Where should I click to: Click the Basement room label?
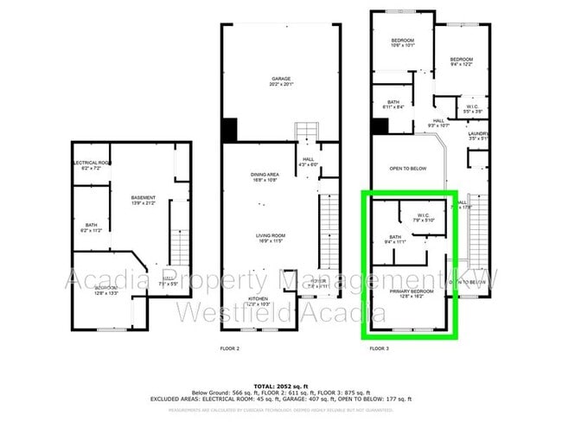pyautogui.click(x=143, y=199)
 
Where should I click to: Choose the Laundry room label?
pyautogui.click(x=478, y=135)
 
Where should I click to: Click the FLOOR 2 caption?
pyautogui.click(x=230, y=348)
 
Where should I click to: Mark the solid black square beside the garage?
pyautogui.click(x=229, y=130)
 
